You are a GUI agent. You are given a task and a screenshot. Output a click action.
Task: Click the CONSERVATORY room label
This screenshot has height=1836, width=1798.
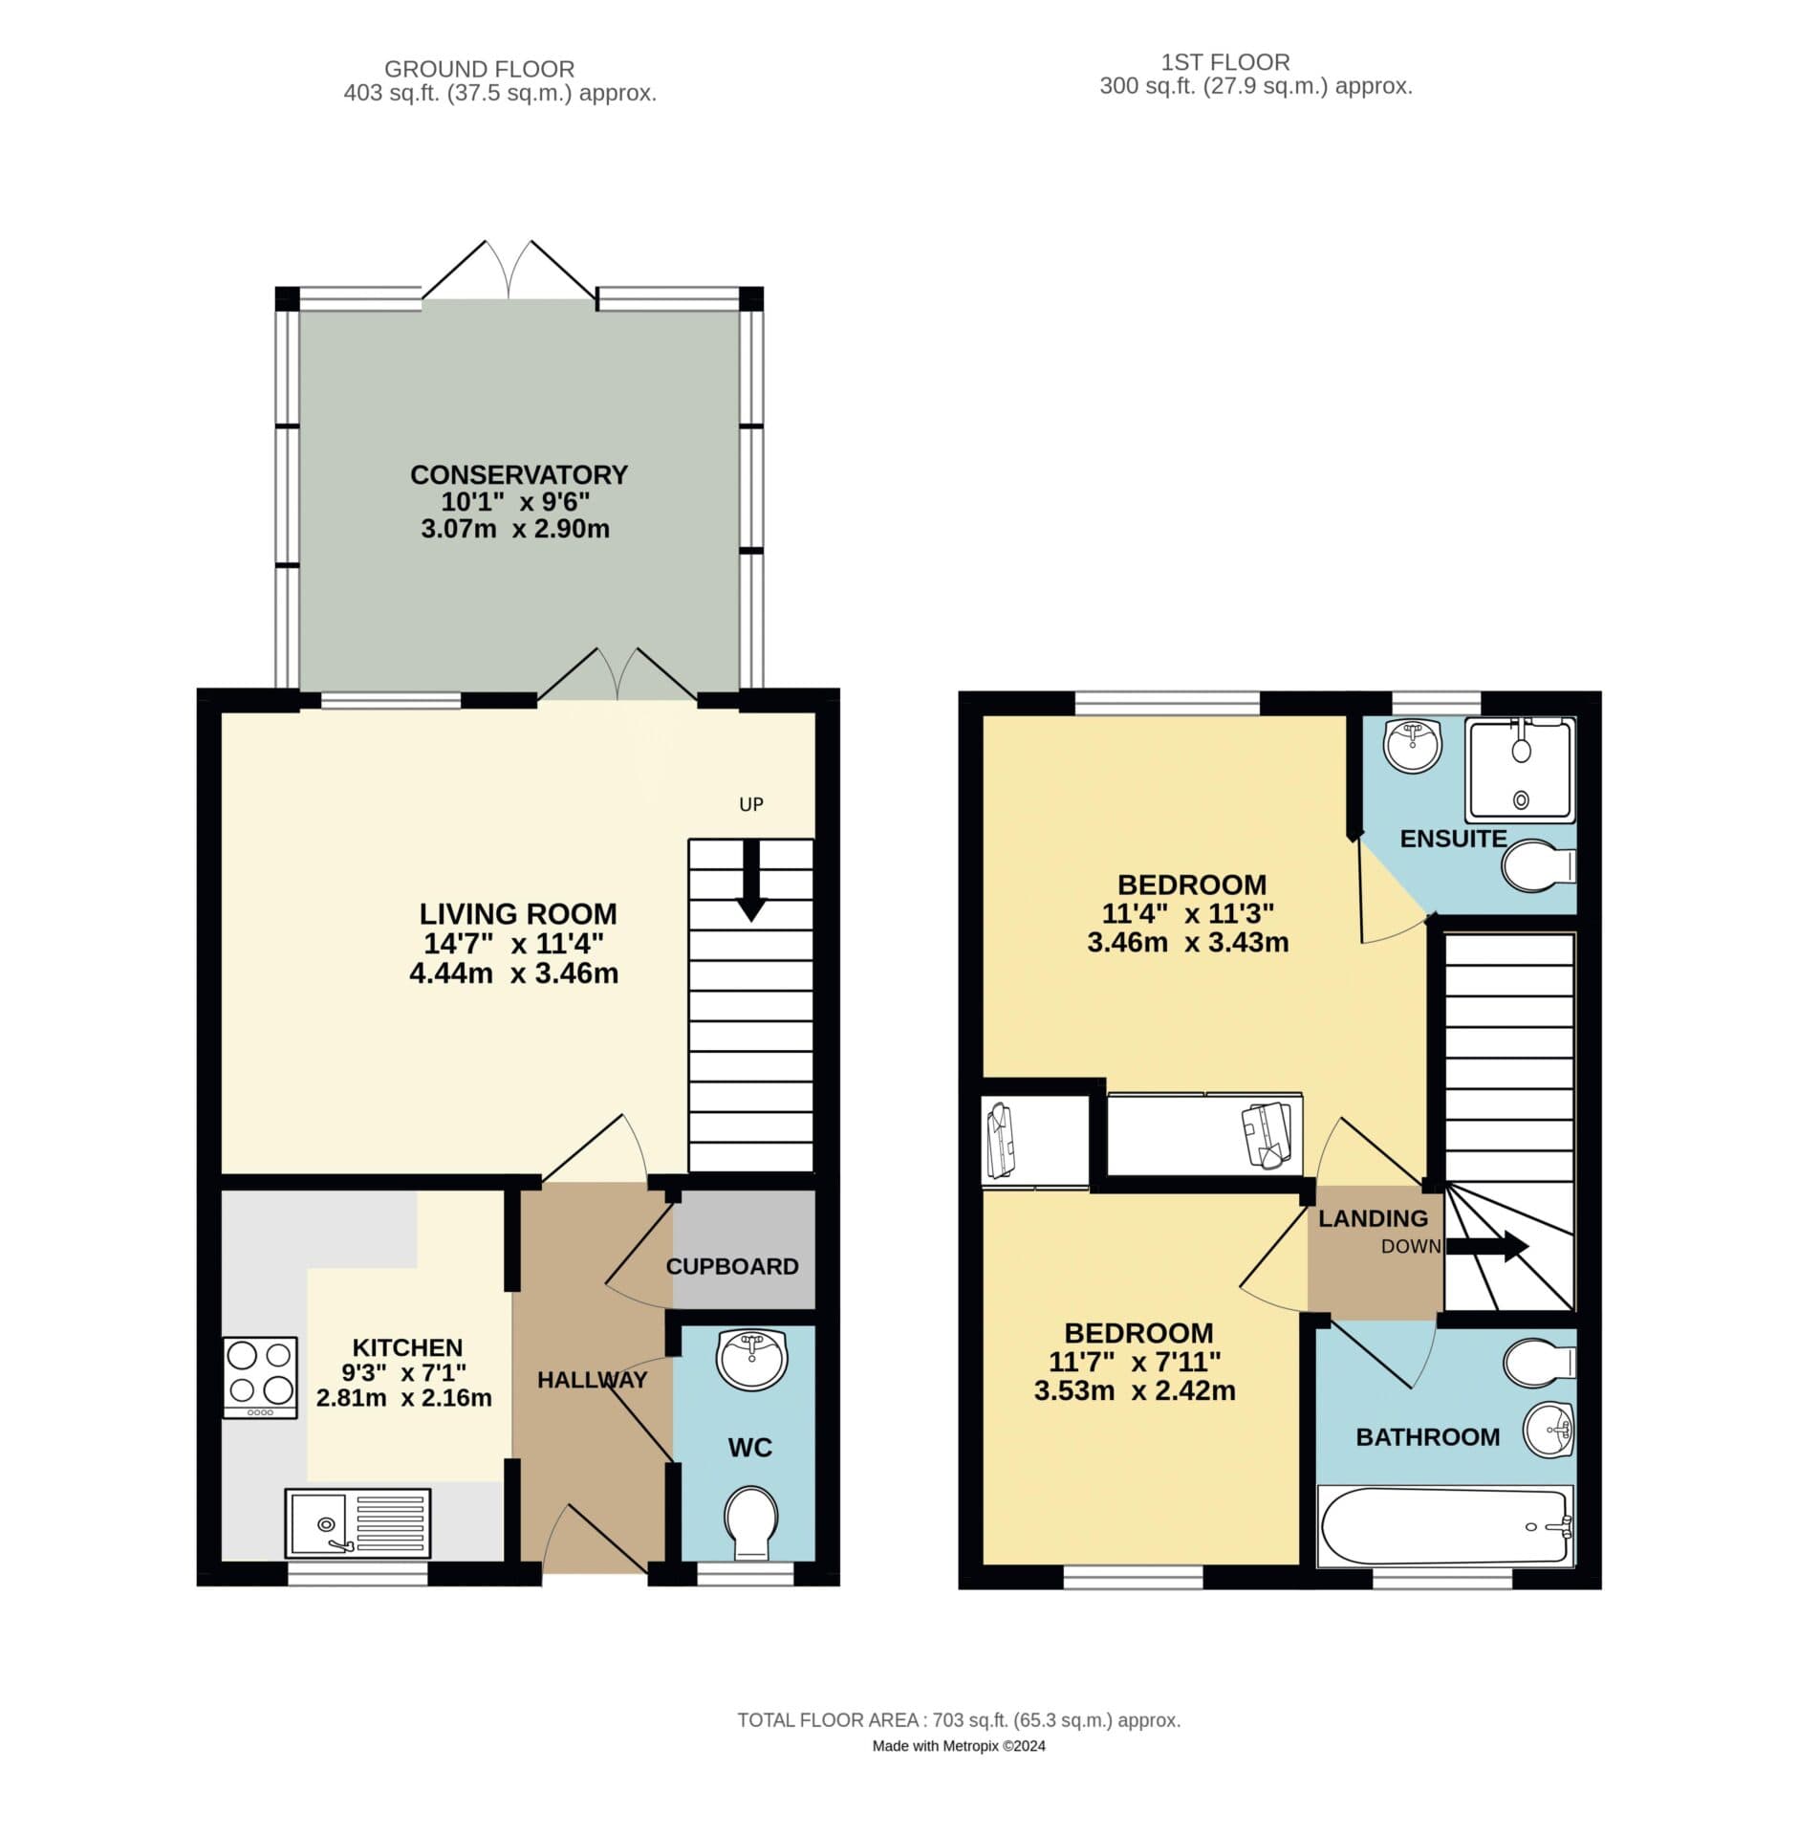(x=518, y=474)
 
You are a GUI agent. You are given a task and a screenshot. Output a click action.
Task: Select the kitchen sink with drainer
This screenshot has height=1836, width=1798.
(x=357, y=1520)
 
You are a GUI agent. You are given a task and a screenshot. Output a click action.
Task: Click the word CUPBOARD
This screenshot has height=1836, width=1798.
(x=731, y=1266)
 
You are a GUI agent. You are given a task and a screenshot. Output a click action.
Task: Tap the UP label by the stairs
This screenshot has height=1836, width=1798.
(x=750, y=804)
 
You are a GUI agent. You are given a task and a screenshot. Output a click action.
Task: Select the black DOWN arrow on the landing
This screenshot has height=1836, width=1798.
(x=1487, y=1246)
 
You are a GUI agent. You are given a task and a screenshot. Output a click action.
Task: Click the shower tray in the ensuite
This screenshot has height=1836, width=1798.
(x=1520, y=770)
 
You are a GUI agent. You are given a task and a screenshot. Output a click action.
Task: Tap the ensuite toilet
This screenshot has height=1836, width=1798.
(x=1536, y=866)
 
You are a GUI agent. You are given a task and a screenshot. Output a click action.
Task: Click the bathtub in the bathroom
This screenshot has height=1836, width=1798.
(x=1444, y=1526)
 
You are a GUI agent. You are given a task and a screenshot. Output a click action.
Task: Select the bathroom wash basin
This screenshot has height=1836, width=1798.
(x=1548, y=1432)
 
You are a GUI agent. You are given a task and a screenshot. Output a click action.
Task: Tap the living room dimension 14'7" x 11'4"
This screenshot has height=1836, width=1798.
(x=513, y=944)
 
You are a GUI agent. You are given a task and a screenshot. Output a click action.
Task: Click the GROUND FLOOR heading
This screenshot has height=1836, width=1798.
(x=479, y=69)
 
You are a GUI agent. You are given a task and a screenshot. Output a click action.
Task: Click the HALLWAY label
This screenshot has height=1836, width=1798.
(x=592, y=1379)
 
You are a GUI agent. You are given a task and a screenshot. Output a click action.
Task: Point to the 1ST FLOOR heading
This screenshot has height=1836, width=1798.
(x=1224, y=62)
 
